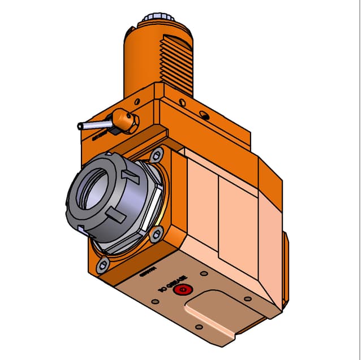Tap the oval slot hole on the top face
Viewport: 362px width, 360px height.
205,115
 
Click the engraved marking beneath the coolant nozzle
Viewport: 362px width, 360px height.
101,136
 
